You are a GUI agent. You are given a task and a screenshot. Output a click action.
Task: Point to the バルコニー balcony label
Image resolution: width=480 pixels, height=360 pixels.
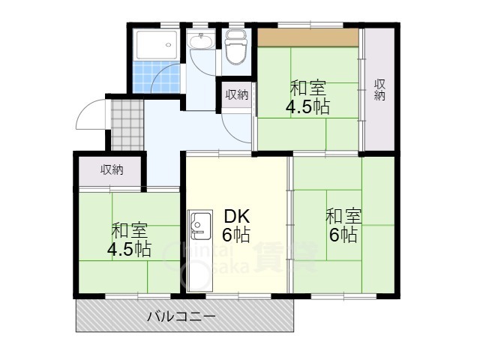tap(181, 317)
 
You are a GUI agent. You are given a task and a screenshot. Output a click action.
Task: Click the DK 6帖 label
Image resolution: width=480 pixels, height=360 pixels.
tap(236, 226)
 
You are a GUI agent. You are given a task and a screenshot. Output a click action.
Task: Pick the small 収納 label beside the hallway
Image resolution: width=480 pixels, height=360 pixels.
tap(237, 94)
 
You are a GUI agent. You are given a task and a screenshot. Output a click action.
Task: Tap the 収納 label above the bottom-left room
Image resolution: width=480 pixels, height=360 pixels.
tap(112, 170)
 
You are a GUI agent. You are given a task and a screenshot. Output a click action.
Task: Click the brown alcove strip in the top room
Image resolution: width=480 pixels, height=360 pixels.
tap(307, 37)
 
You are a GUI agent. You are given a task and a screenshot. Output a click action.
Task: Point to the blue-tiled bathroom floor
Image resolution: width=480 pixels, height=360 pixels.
tap(157, 78)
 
